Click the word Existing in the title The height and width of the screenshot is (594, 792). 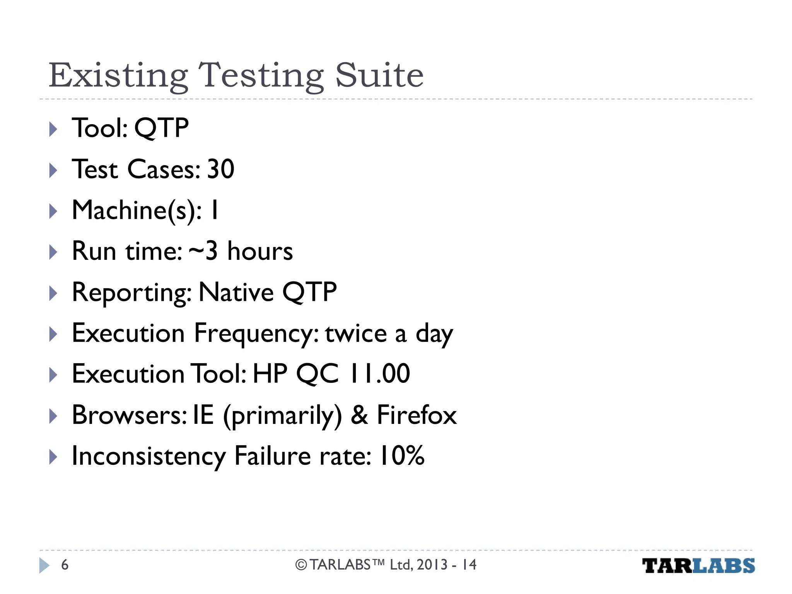(118, 76)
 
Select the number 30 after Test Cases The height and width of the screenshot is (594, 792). (220, 169)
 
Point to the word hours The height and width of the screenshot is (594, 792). (260, 251)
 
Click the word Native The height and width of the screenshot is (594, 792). (236, 292)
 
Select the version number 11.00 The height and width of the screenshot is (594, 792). (379, 374)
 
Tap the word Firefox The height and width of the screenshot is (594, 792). (416, 415)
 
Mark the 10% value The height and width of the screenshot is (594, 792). (402, 456)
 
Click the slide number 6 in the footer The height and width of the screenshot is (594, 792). (65, 565)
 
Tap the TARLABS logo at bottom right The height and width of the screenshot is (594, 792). (698, 565)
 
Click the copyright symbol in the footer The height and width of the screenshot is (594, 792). (301, 565)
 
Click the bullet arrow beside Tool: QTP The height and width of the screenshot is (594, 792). (53, 129)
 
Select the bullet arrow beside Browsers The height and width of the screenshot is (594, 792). (53, 416)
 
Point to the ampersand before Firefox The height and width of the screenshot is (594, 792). (359, 415)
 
